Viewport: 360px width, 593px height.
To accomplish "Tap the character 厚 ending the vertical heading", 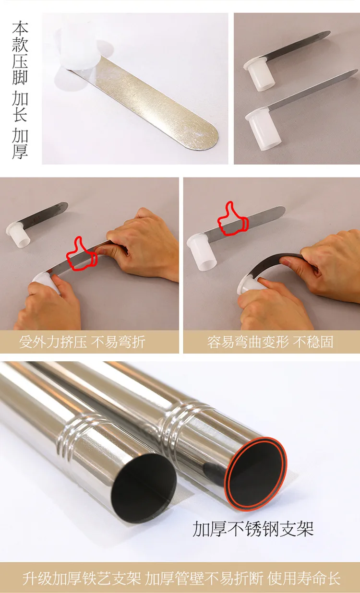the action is (20, 151).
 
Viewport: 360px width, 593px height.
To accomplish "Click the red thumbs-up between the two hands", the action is (81, 254).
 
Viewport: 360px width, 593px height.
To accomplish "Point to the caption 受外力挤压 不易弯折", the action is (82, 342).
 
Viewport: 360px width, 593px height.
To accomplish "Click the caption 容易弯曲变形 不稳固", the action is (270, 342).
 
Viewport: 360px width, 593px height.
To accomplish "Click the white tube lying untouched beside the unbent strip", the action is (18, 235).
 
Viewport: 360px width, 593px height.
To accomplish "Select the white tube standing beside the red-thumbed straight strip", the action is (201, 251).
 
